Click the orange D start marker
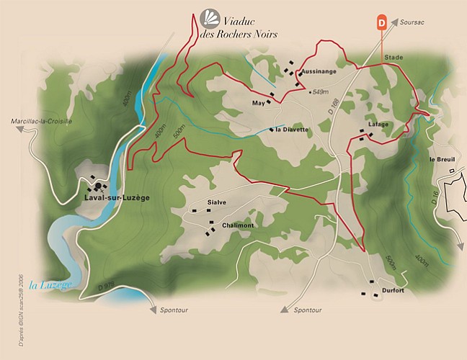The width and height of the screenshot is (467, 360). click(381, 23)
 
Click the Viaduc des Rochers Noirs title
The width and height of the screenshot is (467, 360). click(249, 27)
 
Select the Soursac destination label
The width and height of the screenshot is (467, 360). click(412, 23)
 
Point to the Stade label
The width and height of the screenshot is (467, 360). click(393, 57)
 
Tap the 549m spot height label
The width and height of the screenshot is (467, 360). click(319, 91)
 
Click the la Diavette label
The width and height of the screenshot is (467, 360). click(292, 130)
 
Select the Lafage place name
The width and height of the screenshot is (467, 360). click(378, 124)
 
